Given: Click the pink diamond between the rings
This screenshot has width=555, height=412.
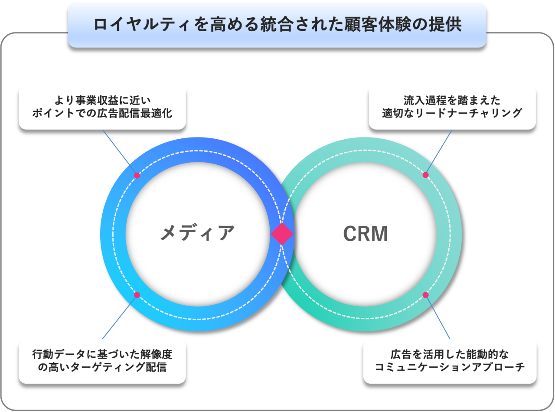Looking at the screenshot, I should pyautogui.click(x=282, y=234).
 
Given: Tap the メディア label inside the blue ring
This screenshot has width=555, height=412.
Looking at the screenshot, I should pyautogui.click(x=197, y=234).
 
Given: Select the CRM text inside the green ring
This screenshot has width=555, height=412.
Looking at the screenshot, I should pyautogui.click(x=366, y=234).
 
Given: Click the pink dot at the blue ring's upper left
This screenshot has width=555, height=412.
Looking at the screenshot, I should pyautogui.click(x=137, y=176).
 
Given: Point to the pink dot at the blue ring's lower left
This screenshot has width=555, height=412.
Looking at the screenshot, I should pyautogui.click(x=137, y=295).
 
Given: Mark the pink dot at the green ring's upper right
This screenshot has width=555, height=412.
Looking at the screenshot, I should pyautogui.click(x=425, y=175).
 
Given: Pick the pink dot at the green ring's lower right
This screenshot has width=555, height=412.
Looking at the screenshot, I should pyautogui.click(x=425, y=295).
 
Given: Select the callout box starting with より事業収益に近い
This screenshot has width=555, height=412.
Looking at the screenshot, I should pyautogui.click(x=102, y=108).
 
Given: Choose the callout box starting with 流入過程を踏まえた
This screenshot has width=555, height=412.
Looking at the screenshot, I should pyautogui.click(x=452, y=108).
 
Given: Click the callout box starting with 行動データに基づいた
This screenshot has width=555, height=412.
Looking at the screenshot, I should pyautogui.click(x=102, y=361).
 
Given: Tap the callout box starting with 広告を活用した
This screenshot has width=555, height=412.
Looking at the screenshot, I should pyautogui.click(x=449, y=361).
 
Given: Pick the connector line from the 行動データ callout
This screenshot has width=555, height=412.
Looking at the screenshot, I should pyautogui.click(x=120, y=317).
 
